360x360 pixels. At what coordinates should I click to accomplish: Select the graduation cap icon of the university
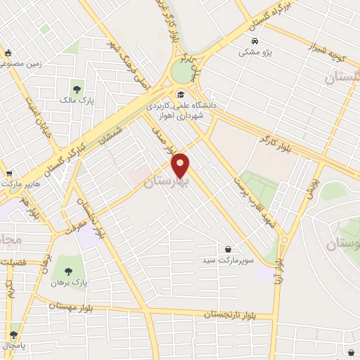point(180,94)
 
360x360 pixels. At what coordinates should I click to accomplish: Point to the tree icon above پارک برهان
point(68,270)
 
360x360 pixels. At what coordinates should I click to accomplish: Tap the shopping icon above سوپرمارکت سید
point(229,249)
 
